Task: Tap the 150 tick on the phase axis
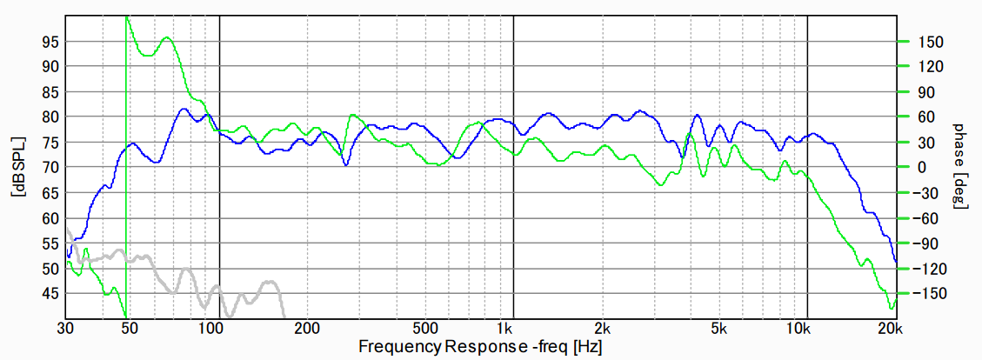[923, 41]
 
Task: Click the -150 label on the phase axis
[925, 294]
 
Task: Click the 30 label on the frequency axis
[65, 329]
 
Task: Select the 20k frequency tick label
[887, 329]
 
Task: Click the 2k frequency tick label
[603, 329]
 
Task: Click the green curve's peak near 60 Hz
[166, 37]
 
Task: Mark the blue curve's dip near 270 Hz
[346, 165]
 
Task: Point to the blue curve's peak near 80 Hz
[183, 109]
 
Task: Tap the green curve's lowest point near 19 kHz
[891, 308]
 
